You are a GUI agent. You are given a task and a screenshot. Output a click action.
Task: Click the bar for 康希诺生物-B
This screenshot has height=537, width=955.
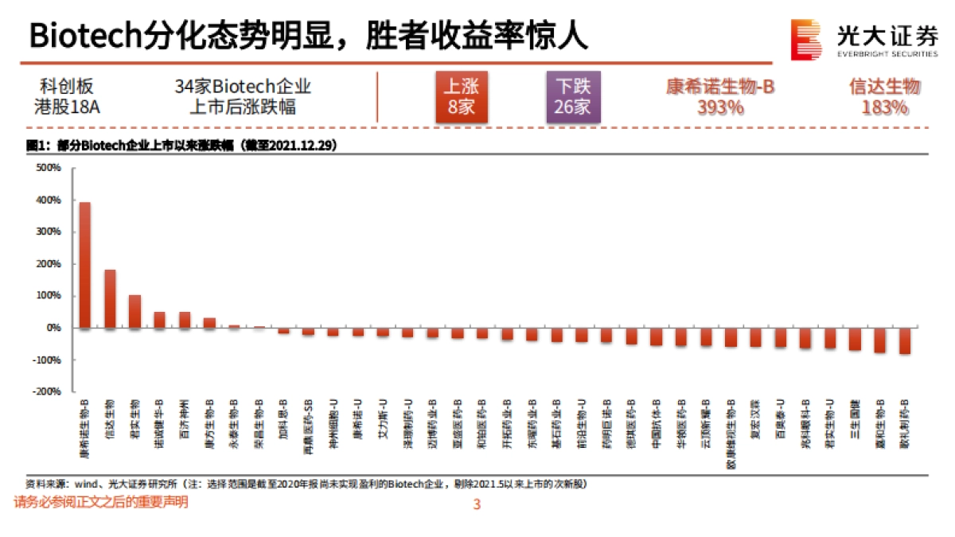[x=85, y=265]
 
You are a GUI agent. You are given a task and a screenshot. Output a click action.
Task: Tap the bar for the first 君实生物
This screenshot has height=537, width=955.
[x=134, y=311]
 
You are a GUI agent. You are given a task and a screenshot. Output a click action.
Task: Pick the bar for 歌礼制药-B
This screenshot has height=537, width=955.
[x=905, y=340]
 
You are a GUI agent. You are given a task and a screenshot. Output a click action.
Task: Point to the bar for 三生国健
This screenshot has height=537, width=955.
[x=856, y=339]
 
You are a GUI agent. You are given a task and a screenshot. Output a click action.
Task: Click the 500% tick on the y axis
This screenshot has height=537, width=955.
[x=49, y=168]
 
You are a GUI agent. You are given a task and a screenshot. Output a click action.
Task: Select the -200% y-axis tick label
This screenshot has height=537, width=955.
[x=48, y=391]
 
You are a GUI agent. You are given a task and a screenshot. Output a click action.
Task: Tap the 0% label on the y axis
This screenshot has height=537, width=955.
[x=53, y=328]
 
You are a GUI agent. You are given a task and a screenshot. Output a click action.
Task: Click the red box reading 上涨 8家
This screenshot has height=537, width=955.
[x=461, y=96]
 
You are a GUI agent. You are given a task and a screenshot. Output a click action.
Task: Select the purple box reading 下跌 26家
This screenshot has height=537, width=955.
[x=572, y=96]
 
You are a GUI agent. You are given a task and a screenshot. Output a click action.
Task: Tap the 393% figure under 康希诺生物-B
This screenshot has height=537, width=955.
[x=719, y=107]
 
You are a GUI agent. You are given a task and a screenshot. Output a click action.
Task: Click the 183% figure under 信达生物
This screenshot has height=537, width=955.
[x=884, y=107]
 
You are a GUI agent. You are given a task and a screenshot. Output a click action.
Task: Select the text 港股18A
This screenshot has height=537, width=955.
[x=67, y=107]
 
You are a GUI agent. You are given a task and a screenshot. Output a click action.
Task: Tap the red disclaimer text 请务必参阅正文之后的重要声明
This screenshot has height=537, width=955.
[x=101, y=503]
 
